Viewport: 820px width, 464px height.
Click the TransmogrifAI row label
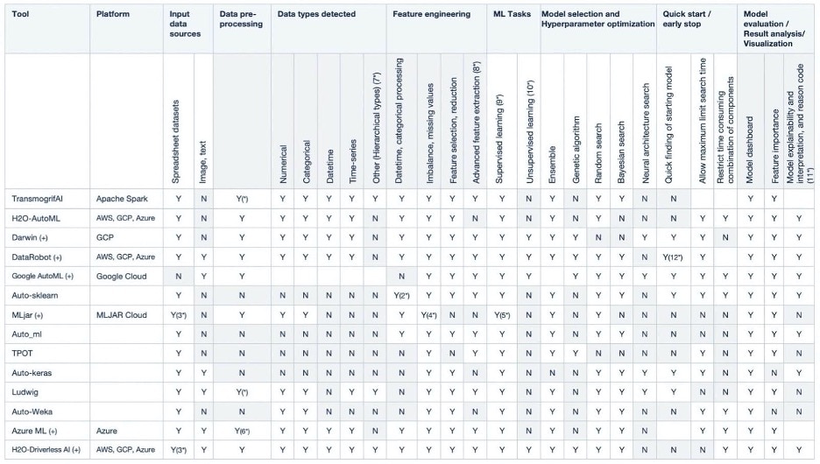click(x=38, y=199)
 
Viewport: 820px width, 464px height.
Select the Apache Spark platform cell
click(x=122, y=199)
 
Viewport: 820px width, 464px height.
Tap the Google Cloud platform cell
click(x=121, y=277)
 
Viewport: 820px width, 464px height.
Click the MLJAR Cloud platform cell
click(x=121, y=315)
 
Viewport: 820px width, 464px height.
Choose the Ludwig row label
click(x=25, y=392)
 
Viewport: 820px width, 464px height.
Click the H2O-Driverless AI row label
click(x=46, y=450)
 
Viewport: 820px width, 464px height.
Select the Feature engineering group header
click(x=431, y=14)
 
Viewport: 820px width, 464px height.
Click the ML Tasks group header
click(x=512, y=14)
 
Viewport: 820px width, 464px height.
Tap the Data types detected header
click(x=316, y=14)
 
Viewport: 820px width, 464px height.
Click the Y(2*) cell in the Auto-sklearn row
click(x=401, y=296)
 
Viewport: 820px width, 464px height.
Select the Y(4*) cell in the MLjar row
click(x=428, y=315)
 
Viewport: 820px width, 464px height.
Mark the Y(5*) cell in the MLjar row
click(x=502, y=315)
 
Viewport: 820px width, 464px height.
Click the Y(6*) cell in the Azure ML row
click(x=242, y=431)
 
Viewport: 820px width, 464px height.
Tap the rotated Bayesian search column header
click(x=621, y=152)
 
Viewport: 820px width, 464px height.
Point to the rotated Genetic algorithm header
click(x=576, y=150)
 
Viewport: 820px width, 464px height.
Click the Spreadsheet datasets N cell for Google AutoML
click(x=179, y=277)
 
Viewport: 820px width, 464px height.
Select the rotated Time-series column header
click(x=352, y=161)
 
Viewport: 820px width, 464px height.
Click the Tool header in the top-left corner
click(x=20, y=14)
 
